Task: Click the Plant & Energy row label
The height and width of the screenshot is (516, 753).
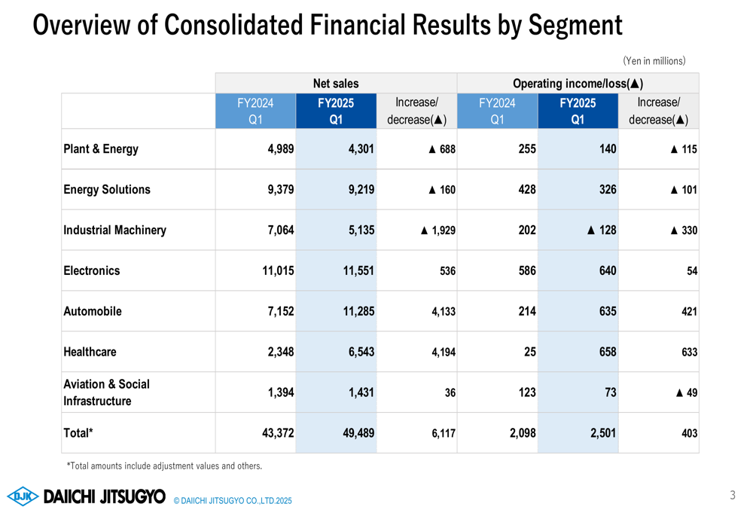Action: click(x=101, y=149)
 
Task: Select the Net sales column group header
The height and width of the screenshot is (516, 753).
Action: click(x=336, y=84)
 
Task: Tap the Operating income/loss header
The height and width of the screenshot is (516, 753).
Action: click(x=578, y=84)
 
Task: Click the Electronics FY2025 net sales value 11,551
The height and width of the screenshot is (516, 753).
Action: click(x=355, y=271)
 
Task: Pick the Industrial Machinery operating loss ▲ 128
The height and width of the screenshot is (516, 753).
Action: click(x=601, y=231)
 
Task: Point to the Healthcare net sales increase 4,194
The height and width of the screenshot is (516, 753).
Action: click(x=440, y=353)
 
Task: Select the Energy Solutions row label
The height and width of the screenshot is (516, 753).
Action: click(x=107, y=190)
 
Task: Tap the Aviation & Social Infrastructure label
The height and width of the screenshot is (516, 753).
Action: click(x=106, y=392)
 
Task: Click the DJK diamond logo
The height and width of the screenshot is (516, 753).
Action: click(x=23, y=496)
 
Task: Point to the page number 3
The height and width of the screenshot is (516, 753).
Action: click(x=732, y=495)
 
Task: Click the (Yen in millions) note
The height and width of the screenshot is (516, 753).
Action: click(x=654, y=60)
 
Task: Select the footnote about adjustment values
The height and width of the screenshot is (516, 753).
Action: click(x=164, y=466)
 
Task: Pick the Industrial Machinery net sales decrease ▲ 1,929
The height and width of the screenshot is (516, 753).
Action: click(x=437, y=231)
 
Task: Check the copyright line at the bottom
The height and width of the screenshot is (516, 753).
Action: click(x=232, y=501)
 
